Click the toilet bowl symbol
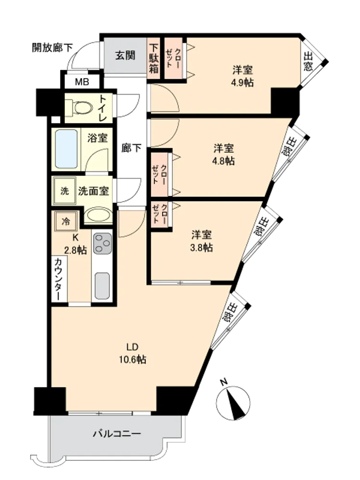point(81,108)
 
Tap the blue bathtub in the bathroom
point(66,149)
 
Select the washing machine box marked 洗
point(64,191)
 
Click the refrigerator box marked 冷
point(65,221)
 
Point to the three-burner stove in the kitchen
point(103,243)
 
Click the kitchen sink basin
point(102,286)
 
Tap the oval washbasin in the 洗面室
point(98,215)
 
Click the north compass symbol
point(233,401)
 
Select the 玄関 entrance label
point(125,55)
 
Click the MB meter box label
point(82,82)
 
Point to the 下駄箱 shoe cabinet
point(154,58)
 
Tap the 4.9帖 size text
point(242,83)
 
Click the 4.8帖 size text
point(224,161)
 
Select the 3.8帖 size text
point(202,247)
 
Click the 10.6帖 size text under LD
point(132,360)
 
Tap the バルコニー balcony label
point(117,434)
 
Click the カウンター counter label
point(59,279)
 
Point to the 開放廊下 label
point(52,48)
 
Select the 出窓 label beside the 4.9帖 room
point(308,61)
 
